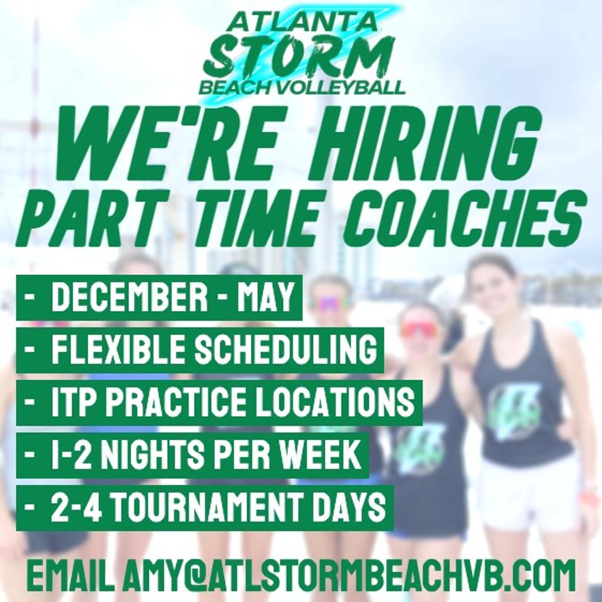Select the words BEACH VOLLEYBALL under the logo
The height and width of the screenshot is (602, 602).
(302, 88)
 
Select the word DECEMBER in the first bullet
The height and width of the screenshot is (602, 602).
(129, 296)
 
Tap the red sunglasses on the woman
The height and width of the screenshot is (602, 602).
(419, 329)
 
